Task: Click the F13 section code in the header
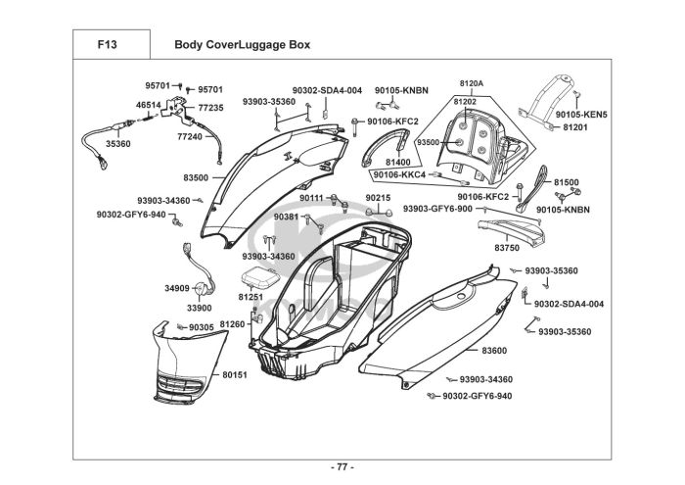point(108,44)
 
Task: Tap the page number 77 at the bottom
point(342,465)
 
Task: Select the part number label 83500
point(196,177)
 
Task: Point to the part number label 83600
point(494,350)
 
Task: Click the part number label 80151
point(235,374)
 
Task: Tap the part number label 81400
point(398,161)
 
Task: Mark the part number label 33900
point(199,307)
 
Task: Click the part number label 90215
point(378,198)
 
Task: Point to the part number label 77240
point(190,137)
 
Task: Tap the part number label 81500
point(567,182)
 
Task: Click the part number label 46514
point(148,105)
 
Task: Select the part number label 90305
point(201,327)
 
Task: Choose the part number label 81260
point(232,323)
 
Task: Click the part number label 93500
point(428,142)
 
